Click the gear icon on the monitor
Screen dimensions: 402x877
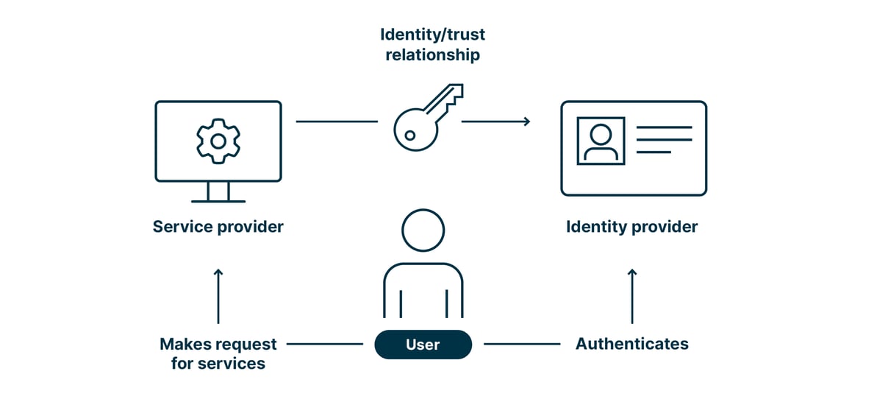point(218,140)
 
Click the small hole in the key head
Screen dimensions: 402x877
point(409,135)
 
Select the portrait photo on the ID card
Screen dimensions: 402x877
point(601,140)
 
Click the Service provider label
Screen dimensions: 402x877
point(218,227)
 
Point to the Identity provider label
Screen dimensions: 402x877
point(631,227)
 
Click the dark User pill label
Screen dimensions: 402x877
point(423,344)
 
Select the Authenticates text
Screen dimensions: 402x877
point(631,344)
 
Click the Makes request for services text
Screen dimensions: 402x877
point(218,353)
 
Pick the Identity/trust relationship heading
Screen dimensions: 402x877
point(432,44)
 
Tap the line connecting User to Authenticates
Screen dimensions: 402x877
point(521,344)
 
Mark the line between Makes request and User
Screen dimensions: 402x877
point(324,344)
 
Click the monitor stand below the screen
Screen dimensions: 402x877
point(218,193)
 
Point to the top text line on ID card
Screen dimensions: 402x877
point(664,127)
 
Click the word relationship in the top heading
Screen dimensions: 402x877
point(432,54)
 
